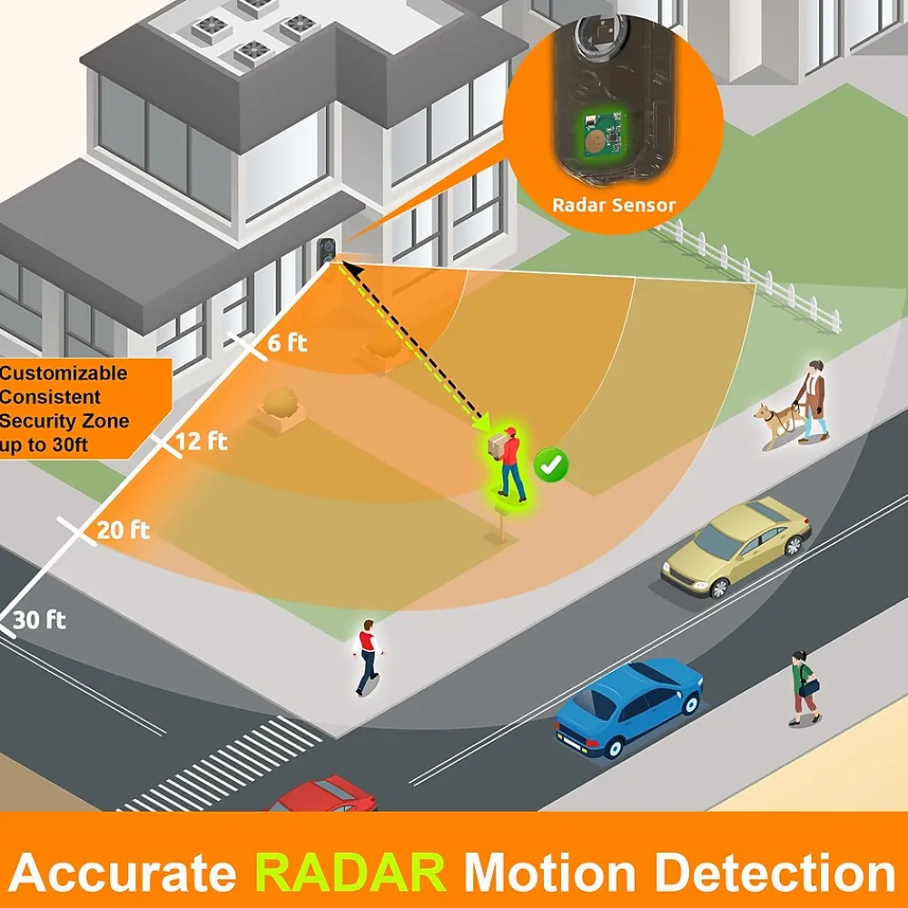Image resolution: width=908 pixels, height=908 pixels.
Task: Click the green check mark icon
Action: tap(551, 465)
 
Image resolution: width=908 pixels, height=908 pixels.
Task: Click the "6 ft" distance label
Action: tap(287, 343)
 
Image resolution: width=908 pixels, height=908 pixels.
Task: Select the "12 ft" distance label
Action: tap(202, 441)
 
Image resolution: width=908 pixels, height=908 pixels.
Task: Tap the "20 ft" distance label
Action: tap(123, 529)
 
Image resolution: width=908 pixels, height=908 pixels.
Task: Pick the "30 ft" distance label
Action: tap(40, 621)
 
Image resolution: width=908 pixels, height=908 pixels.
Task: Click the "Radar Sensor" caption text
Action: tap(614, 205)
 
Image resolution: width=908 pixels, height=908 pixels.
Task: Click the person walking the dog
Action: tap(814, 400)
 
